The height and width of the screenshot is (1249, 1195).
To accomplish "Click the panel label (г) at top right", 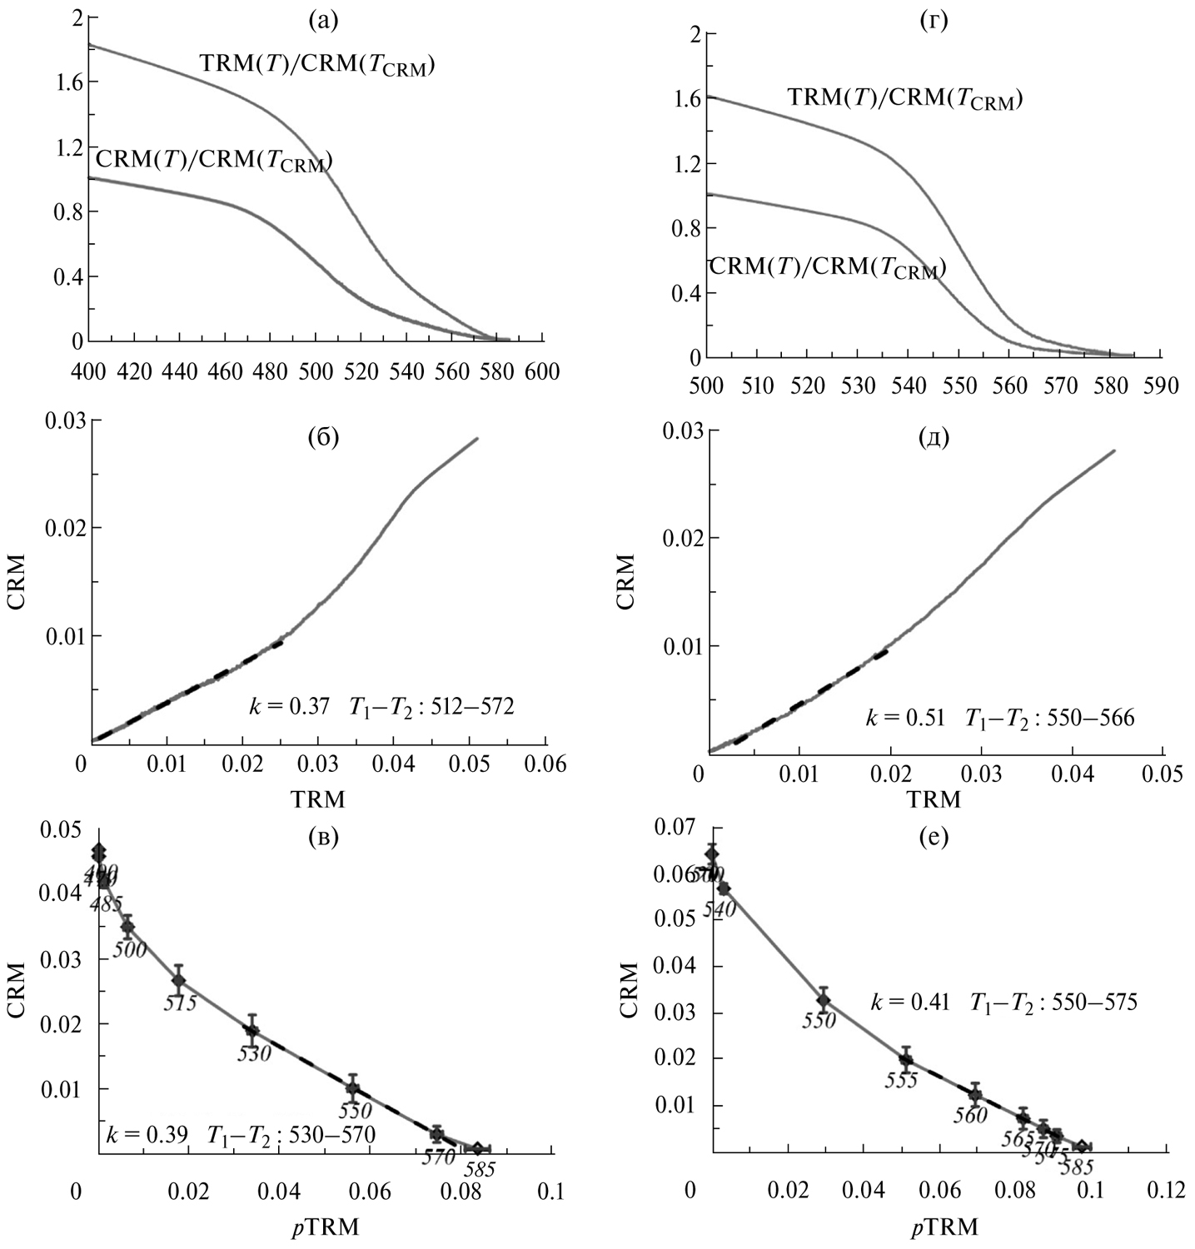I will click(933, 20).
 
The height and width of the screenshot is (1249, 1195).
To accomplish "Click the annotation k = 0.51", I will click(904, 717).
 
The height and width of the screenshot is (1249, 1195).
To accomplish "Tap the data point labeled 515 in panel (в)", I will click(178, 980).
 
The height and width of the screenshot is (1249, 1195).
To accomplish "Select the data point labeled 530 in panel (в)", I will click(252, 1029).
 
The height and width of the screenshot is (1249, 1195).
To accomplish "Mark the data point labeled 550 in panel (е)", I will click(823, 999).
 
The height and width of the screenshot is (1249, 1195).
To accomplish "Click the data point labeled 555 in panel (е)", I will click(906, 1059).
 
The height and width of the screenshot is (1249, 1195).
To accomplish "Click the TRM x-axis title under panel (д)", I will click(934, 800).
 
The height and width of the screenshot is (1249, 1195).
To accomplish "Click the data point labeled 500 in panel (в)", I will click(127, 927).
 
